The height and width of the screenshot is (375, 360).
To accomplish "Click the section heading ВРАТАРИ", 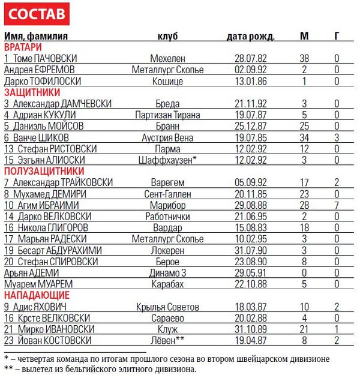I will pos(23,47).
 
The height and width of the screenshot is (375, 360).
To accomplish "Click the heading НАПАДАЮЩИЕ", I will pos(37,295).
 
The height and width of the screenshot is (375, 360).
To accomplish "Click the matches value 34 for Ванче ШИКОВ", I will pos(304,137).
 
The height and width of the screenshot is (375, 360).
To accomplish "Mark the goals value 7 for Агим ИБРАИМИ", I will pos(337,205).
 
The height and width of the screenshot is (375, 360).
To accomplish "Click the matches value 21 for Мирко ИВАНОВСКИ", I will pos(304,329).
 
